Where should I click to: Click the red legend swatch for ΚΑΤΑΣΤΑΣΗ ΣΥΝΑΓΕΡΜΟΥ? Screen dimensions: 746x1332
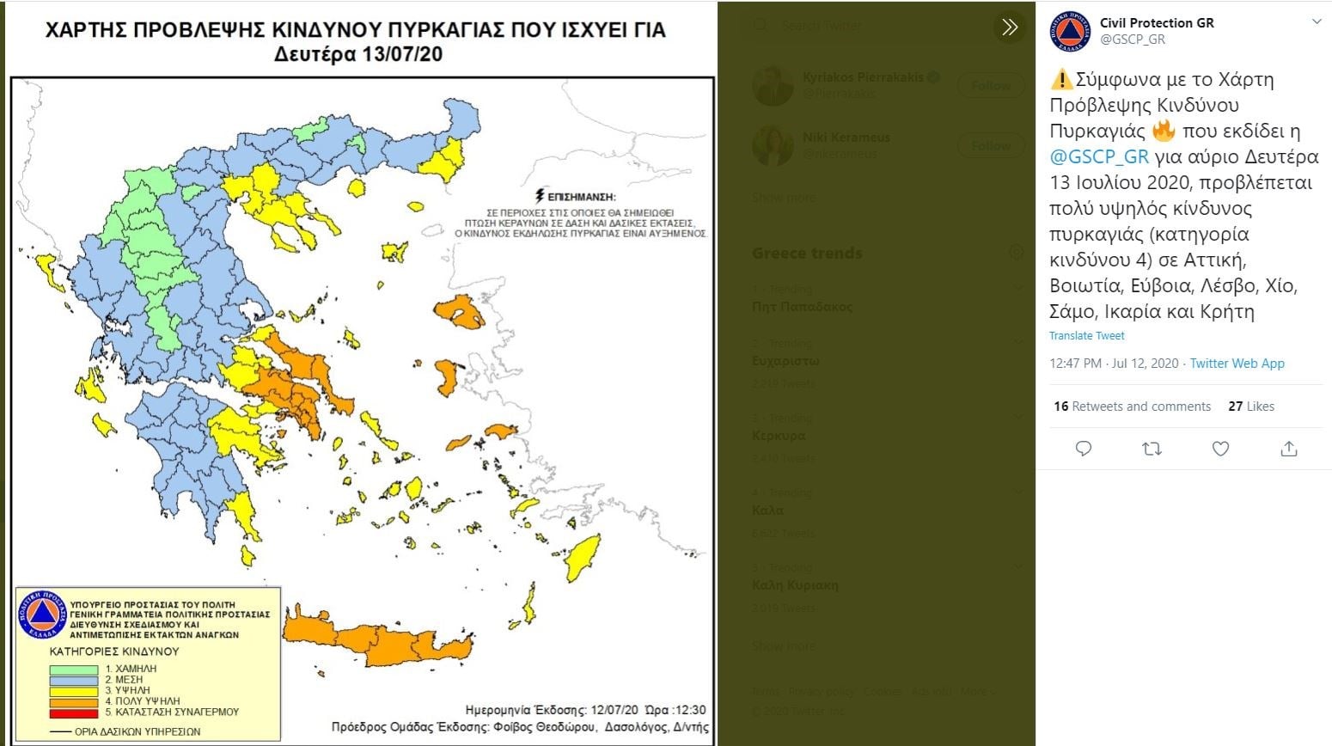[x=73, y=712]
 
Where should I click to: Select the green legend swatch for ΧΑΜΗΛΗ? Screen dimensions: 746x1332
[x=73, y=669]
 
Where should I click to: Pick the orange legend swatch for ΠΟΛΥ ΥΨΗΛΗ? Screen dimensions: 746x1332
[x=73, y=701]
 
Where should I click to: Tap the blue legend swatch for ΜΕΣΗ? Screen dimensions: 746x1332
[x=73, y=680]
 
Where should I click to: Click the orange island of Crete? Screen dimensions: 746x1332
[x=378, y=639]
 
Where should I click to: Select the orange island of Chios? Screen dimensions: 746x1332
[x=446, y=377]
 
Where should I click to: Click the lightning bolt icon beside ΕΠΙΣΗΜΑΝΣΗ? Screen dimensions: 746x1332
[x=540, y=197]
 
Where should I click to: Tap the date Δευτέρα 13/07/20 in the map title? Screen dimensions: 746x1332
[x=358, y=55]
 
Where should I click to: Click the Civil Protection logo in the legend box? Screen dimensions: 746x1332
[x=41, y=615]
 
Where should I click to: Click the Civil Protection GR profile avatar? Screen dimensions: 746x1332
[x=1070, y=32]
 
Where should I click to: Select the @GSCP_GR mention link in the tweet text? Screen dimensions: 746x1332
[x=1098, y=156]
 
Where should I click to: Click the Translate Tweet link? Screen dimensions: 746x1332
[x=1086, y=336]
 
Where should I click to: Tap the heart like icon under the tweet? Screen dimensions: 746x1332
[x=1220, y=449]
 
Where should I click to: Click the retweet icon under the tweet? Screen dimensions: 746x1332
[x=1152, y=449]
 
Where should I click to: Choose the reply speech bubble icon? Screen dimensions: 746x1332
[x=1084, y=449]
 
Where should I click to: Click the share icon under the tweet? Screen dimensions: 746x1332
[x=1288, y=449]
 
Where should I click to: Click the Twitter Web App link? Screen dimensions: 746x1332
[x=1237, y=364]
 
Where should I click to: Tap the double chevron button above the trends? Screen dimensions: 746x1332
[x=1010, y=28]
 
